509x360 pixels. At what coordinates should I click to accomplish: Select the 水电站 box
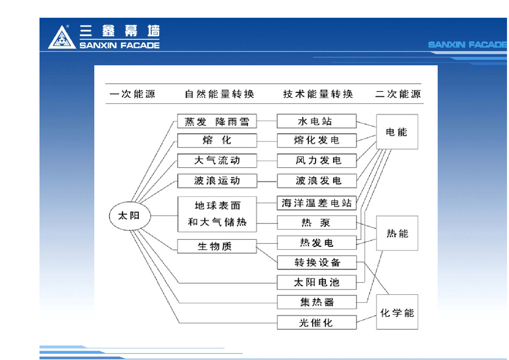[x=317, y=121]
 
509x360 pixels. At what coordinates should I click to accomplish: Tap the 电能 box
[x=397, y=132]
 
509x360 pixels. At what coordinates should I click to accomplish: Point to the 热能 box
[x=397, y=233]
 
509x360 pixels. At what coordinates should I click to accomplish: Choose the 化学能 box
[x=397, y=312]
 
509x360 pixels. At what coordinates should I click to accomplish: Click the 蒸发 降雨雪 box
[x=217, y=121]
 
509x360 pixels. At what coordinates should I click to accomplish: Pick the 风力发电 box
[x=317, y=160]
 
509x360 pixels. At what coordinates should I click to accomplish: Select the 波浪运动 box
[x=217, y=181]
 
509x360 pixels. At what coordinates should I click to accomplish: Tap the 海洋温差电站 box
[x=317, y=203]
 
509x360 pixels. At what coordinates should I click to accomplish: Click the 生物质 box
[x=217, y=246]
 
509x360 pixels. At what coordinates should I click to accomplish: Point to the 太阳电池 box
[x=317, y=282]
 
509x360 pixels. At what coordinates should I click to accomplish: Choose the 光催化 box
[x=317, y=322]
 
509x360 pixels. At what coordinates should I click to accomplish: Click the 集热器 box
[x=317, y=302]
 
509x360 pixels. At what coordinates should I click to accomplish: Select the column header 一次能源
[x=132, y=94]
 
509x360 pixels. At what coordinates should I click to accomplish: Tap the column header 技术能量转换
[x=318, y=94]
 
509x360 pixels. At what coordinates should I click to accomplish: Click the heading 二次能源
[x=398, y=94]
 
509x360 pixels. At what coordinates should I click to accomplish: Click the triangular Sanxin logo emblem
[x=62, y=37]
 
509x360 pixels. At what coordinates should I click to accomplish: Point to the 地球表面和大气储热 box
[x=217, y=214]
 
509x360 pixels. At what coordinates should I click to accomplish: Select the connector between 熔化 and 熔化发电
[x=267, y=141]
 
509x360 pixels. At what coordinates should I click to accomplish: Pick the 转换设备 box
[x=317, y=263]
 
